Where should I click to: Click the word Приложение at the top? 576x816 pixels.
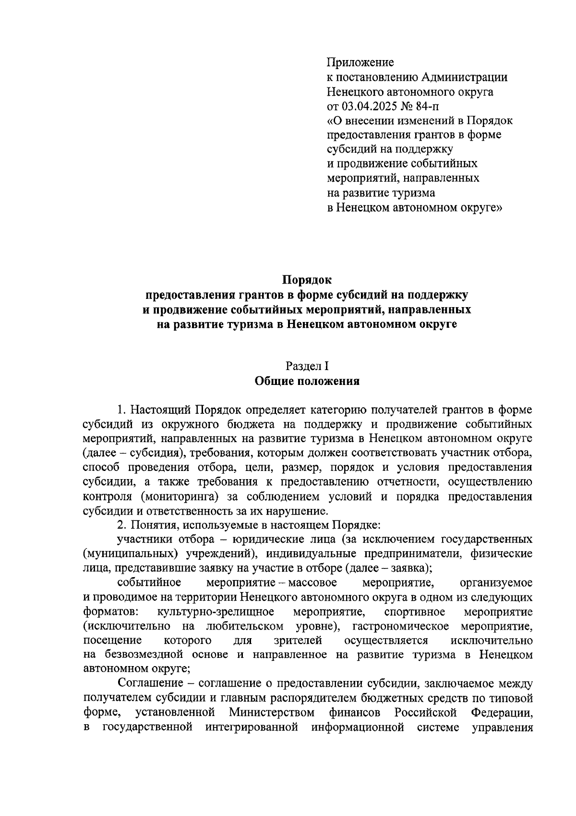[360, 62]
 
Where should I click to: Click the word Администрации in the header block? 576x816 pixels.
[465, 77]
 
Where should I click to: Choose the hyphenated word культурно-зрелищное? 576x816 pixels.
[216, 612]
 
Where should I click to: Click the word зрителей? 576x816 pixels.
[297, 641]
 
